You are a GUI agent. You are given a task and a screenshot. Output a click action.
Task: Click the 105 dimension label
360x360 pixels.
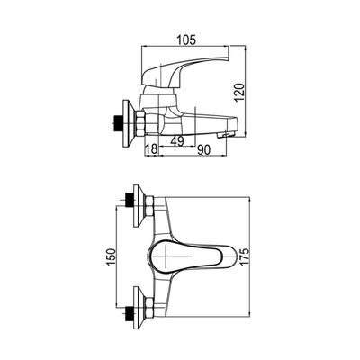pos(186,40)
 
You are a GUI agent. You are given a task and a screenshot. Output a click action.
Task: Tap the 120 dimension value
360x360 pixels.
pos(239,92)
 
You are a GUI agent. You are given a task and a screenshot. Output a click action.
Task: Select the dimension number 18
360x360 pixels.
pos(151,149)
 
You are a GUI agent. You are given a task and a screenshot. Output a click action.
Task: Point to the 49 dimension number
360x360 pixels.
pos(176,140)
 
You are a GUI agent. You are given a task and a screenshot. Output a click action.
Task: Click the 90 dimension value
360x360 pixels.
pos(203,150)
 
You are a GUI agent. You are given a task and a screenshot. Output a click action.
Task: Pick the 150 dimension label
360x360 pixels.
pos(111,256)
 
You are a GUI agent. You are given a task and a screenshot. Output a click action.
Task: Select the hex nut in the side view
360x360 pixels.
pos(140,123)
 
